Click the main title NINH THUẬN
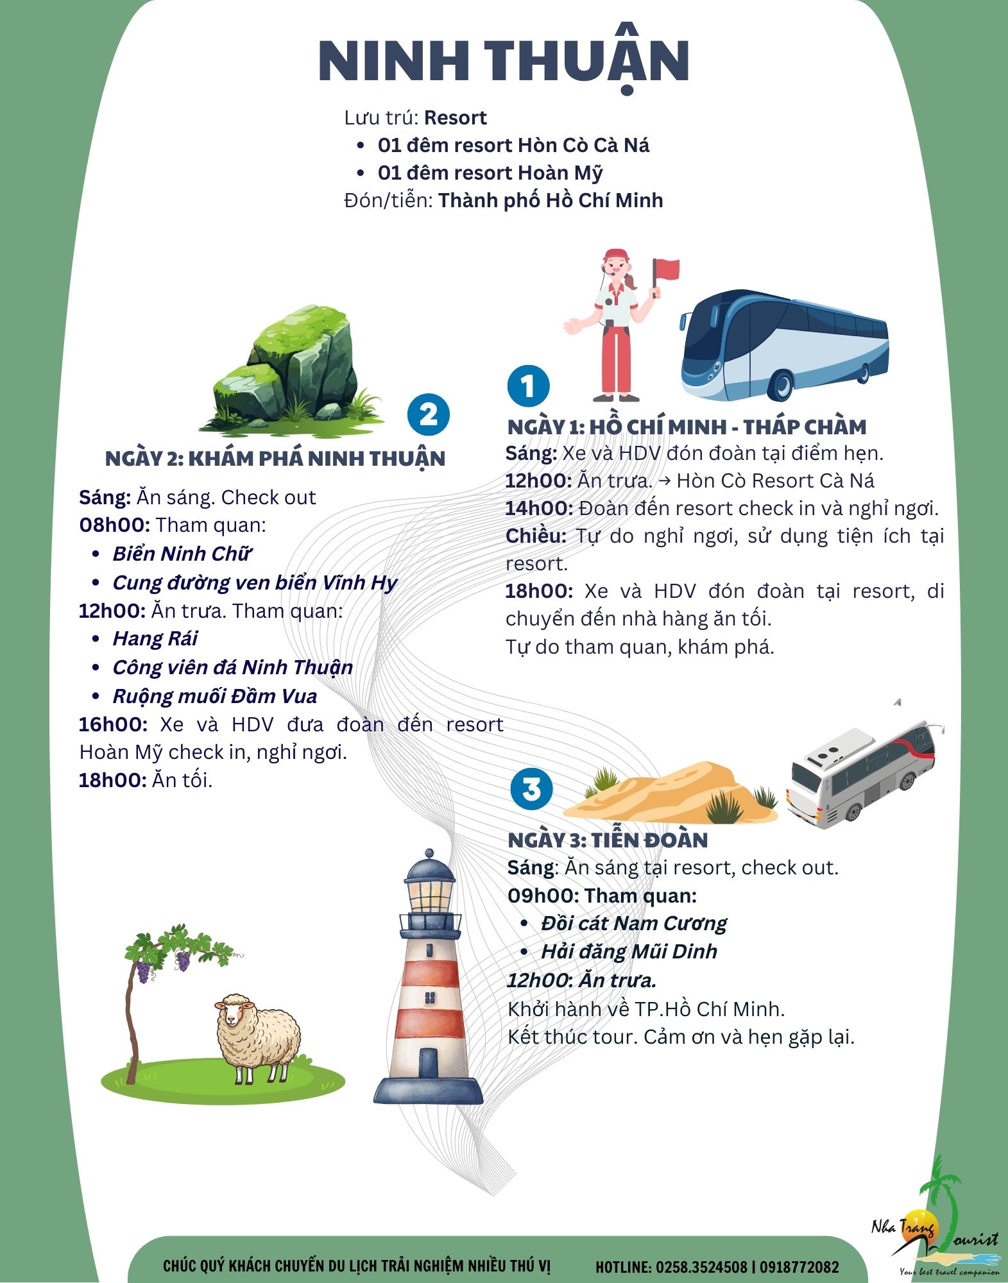tap(504, 61)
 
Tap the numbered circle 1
tap(528, 386)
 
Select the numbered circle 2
tap(429, 414)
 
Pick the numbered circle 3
tap(532, 788)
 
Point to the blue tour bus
tap(784, 344)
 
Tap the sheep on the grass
tap(257, 1039)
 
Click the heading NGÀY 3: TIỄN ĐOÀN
tap(608, 840)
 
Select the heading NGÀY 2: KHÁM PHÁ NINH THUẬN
tap(275, 459)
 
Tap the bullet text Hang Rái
tap(155, 638)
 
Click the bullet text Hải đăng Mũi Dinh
tap(629, 951)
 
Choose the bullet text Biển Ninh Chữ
tap(182, 554)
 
